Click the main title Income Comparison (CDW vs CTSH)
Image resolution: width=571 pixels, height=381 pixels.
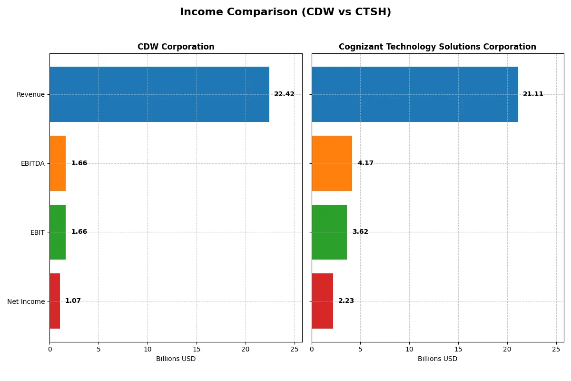point(285,12)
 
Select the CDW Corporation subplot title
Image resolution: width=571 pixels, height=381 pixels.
point(176,47)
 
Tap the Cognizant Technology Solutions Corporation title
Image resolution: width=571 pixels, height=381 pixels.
point(437,47)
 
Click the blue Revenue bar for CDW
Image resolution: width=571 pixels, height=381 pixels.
point(159,94)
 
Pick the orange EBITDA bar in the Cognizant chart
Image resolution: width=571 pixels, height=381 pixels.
point(332,163)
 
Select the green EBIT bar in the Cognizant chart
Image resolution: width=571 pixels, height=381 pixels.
point(329,232)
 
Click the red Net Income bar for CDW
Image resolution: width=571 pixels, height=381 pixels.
point(55,301)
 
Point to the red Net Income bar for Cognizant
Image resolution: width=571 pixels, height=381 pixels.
point(322,301)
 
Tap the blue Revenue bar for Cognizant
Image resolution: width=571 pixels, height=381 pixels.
point(415,94)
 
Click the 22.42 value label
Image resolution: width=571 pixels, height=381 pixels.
point(284,94)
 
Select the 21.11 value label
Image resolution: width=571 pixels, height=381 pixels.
point(533,94)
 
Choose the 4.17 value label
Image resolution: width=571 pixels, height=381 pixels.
point(365,163)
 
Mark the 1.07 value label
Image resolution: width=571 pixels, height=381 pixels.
point(73,301)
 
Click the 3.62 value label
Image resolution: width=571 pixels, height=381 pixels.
point(360,232)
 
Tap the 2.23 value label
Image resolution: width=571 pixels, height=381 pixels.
point(346,301)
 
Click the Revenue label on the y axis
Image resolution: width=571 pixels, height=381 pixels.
point(30,94)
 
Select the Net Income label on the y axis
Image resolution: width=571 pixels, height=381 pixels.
point(26,301)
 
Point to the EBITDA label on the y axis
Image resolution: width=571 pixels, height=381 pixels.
point(32,163)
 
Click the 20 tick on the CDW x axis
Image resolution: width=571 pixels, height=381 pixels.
point(246,349)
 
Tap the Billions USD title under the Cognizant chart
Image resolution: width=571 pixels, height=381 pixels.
point(437,359)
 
